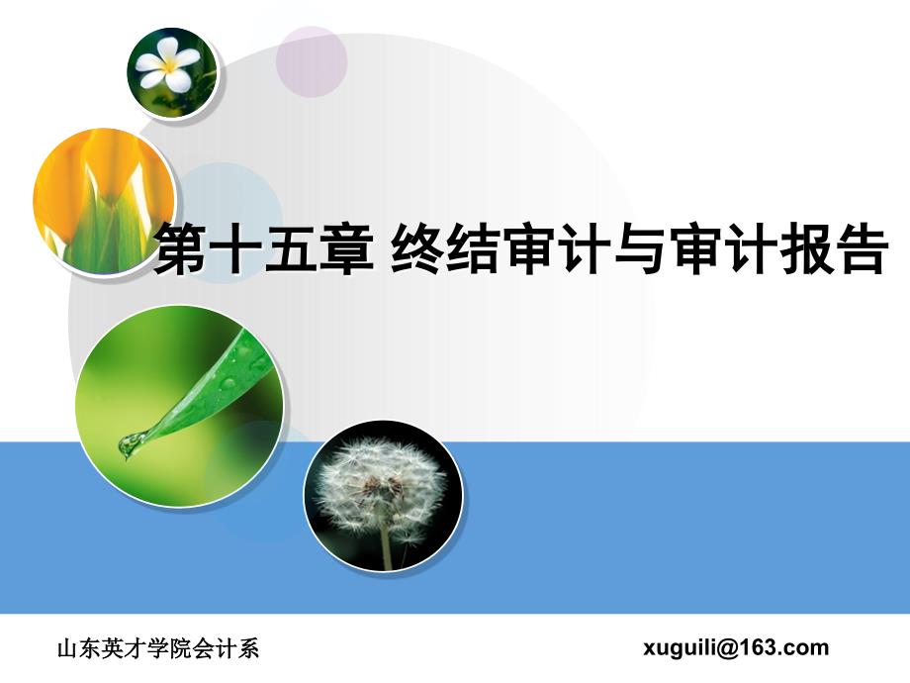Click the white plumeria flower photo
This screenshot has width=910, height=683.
coord(172,72)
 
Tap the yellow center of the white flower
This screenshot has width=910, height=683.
coord(168,65)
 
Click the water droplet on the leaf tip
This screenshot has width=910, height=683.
coord(130,445)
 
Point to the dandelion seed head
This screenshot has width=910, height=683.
coord(379,485)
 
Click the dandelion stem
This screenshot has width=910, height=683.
coord(386,546)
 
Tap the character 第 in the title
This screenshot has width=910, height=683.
coord(179,250)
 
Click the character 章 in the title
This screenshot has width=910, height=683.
coord(346,250)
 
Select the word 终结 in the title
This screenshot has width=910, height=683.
coord(446,250)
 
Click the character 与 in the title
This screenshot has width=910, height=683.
coord(640,250)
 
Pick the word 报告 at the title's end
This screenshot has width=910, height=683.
coord(834,250)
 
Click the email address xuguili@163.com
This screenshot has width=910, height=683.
coord(736,647)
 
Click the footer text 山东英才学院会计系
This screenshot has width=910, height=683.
coord(158,648)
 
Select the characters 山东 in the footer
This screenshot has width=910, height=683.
coord(79,648)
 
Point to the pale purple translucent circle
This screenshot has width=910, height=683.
coord(312,61)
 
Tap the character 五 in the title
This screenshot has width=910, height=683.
coord(290,250)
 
